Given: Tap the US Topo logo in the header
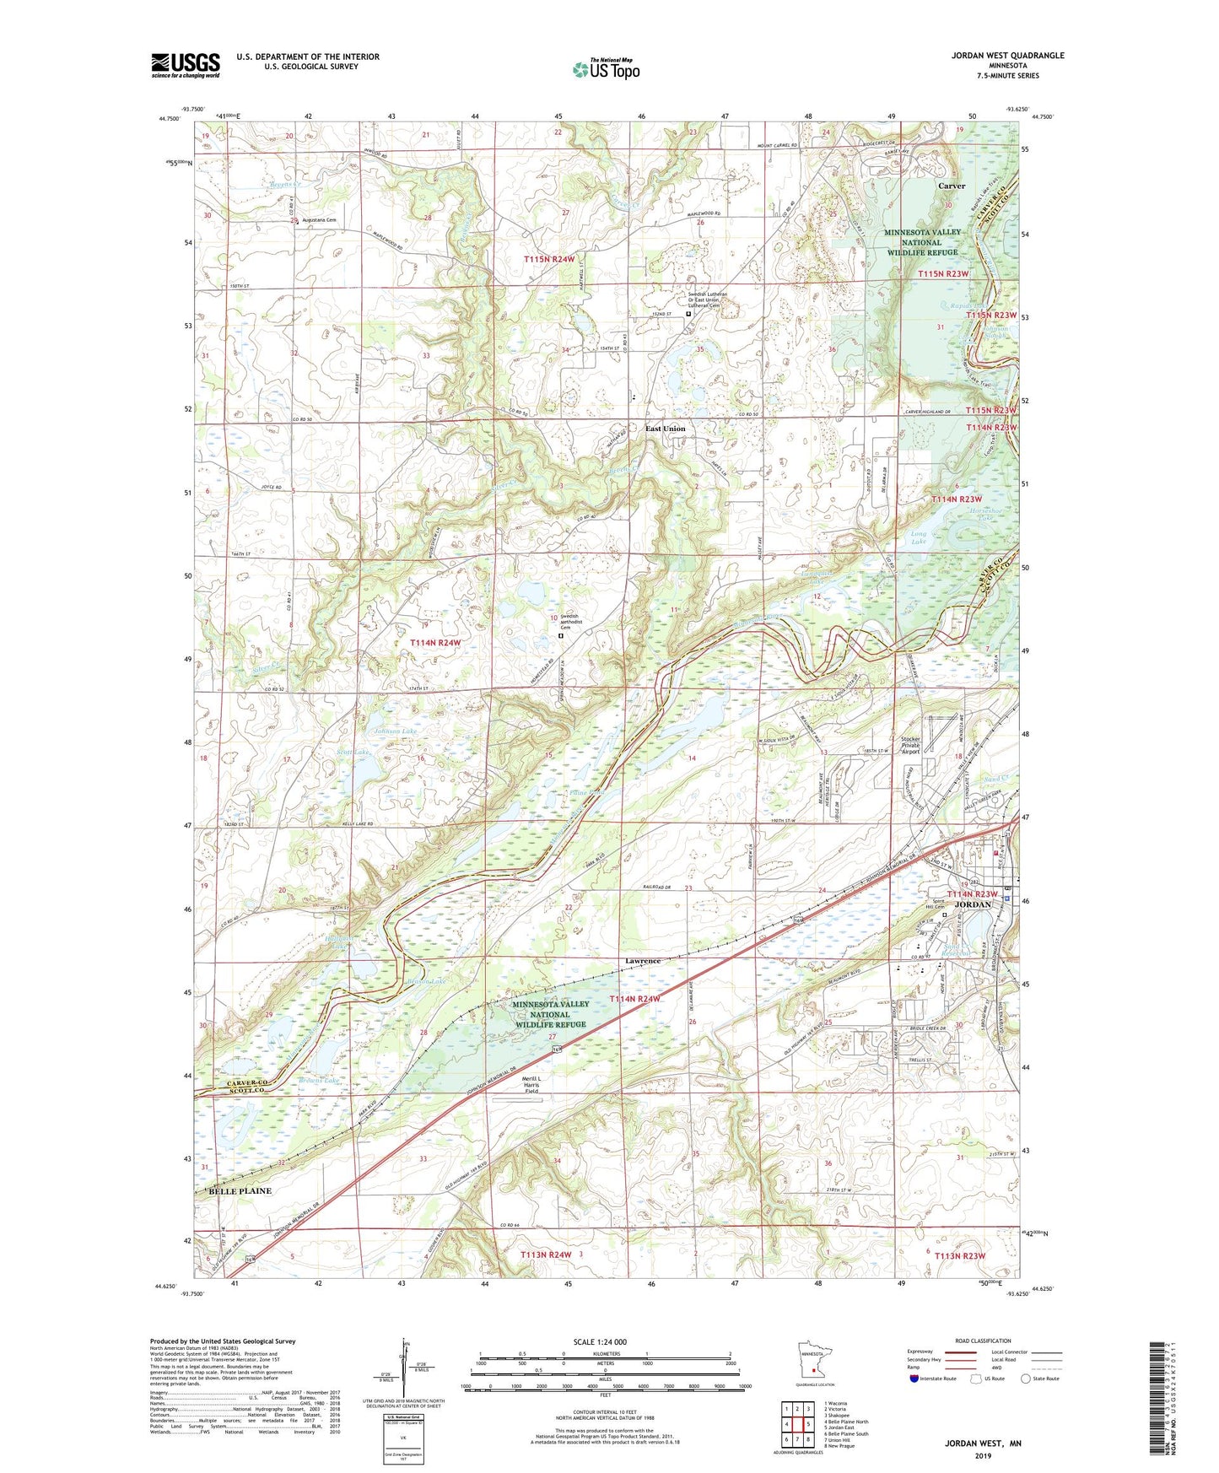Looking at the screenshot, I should pos(605,69).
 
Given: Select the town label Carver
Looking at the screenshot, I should pos(952,186).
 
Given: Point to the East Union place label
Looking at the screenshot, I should pos(666,429).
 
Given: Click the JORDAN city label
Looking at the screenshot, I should pos(972,904).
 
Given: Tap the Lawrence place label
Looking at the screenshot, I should pos(642,961).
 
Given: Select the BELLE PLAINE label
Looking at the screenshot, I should pos(240,1191).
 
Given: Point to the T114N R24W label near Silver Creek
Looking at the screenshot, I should pos(435,643).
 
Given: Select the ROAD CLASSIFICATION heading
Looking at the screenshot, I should pos(984,1341).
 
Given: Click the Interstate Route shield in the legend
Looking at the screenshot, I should pos(915,1378).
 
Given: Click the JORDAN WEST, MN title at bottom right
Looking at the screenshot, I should pos(982,1443).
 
